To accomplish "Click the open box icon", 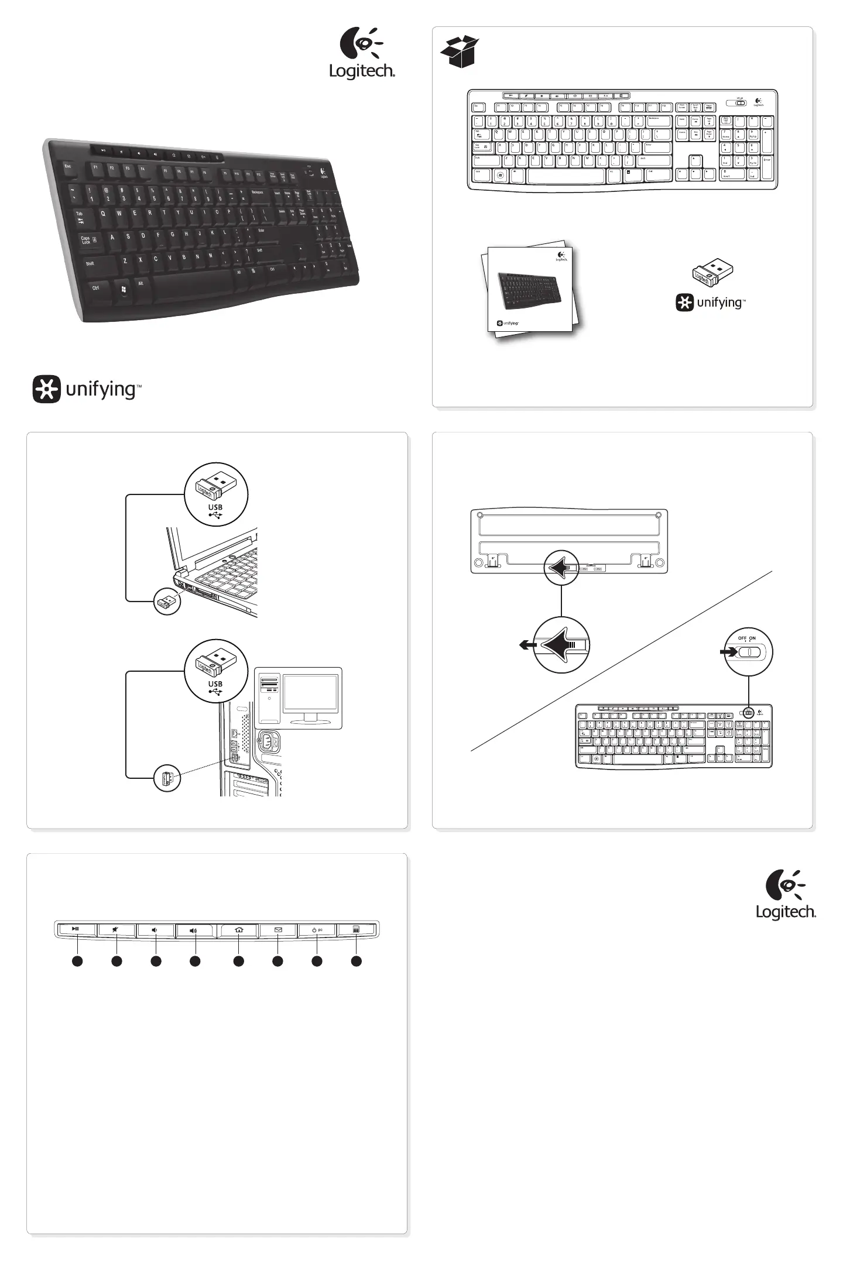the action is click(460, 52).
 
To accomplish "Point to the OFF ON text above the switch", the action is click(746, 638).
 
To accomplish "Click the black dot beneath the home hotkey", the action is click(238, 961).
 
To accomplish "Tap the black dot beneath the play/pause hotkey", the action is click(77, 961).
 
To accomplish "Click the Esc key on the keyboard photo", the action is click(68, 166).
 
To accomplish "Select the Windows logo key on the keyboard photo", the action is click(124, 290).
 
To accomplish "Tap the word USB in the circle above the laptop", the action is click(215, 507).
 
